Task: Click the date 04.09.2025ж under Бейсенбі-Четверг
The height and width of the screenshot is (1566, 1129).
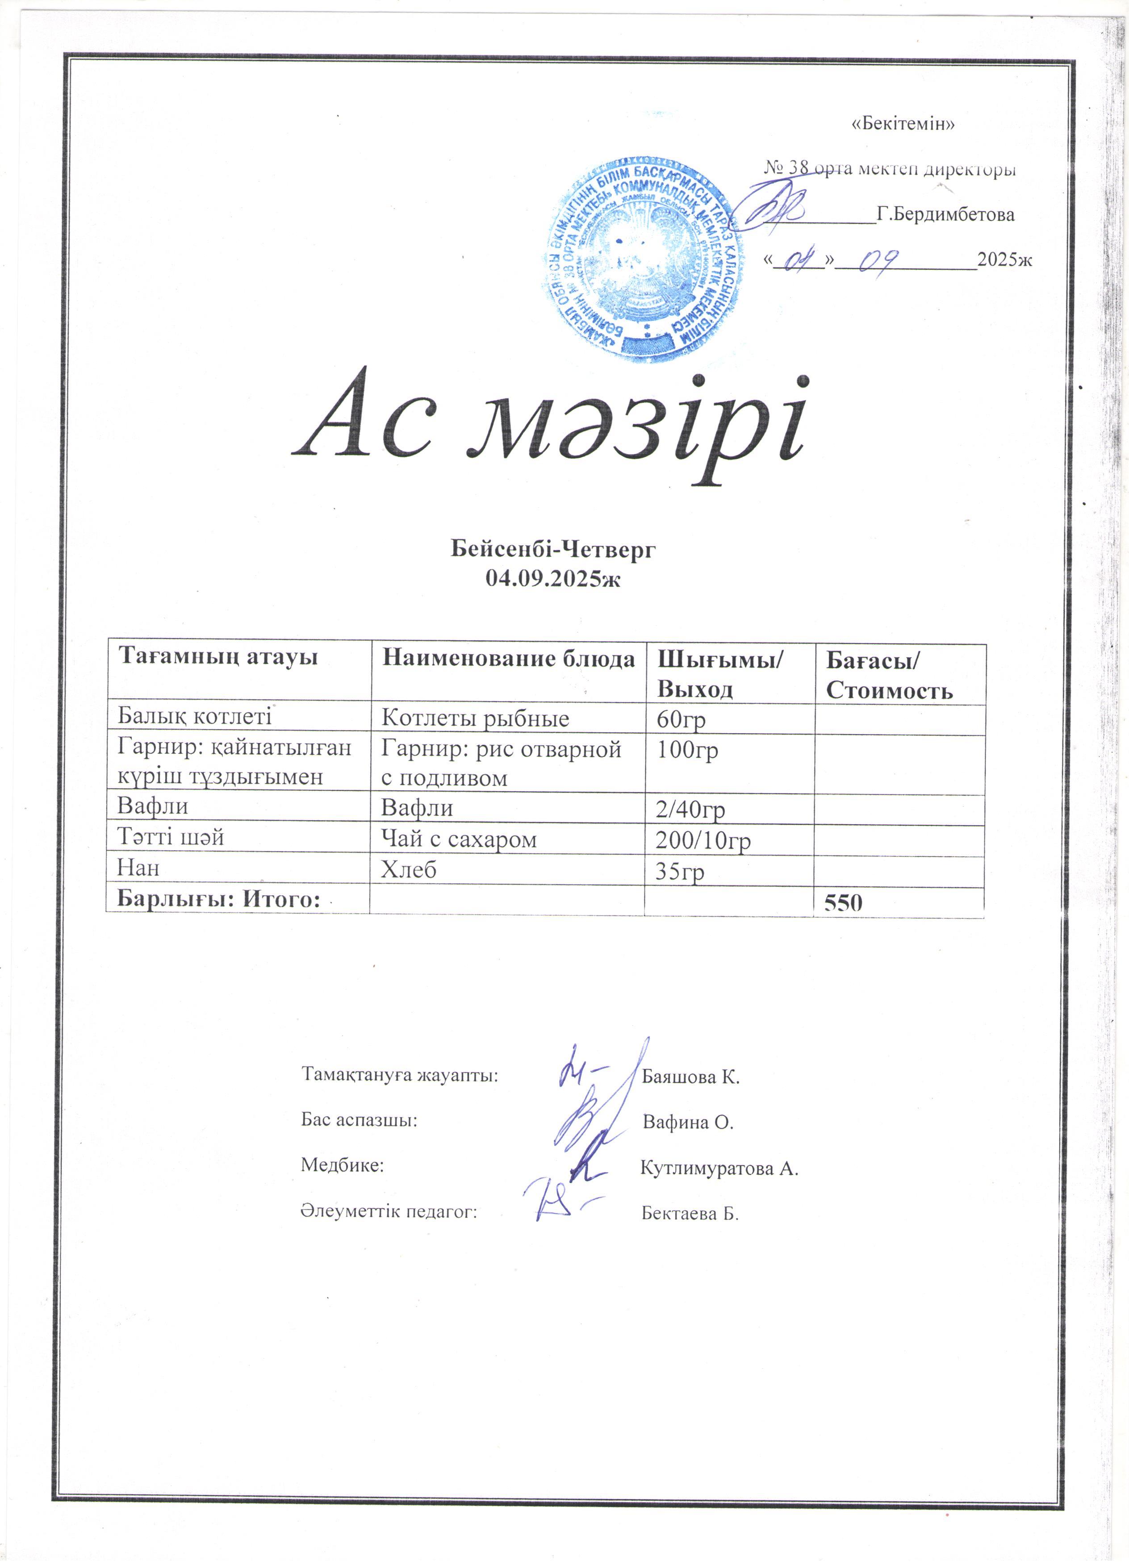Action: (553, 579)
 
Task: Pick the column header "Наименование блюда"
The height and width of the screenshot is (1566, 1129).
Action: (508, 659)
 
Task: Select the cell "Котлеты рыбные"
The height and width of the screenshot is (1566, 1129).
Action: (475, 719)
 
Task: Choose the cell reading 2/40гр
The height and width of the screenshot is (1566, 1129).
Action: (690, 809)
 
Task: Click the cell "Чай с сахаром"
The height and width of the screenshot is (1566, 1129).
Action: (459, 839)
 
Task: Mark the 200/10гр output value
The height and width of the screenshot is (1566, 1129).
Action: (703, 840)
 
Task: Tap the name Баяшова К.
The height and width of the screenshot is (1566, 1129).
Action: (690, 1077)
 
